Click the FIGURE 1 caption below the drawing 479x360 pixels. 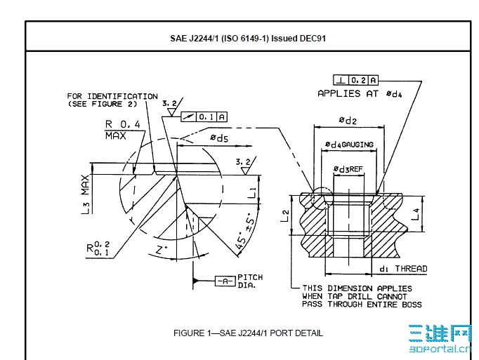(x=248, y=333)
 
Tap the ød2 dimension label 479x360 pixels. (x=348, y=121)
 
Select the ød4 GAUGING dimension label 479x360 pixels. (x=350, y=145)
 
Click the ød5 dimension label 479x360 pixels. (x=218, y=139)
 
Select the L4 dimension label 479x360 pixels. (x=416, y=214)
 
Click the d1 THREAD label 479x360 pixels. (x=403, y=269)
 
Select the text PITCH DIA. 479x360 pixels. (x=250, y=281)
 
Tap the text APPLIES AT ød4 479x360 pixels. (x=359, y=93)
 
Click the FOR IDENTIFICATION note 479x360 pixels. (x=112, y=100)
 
